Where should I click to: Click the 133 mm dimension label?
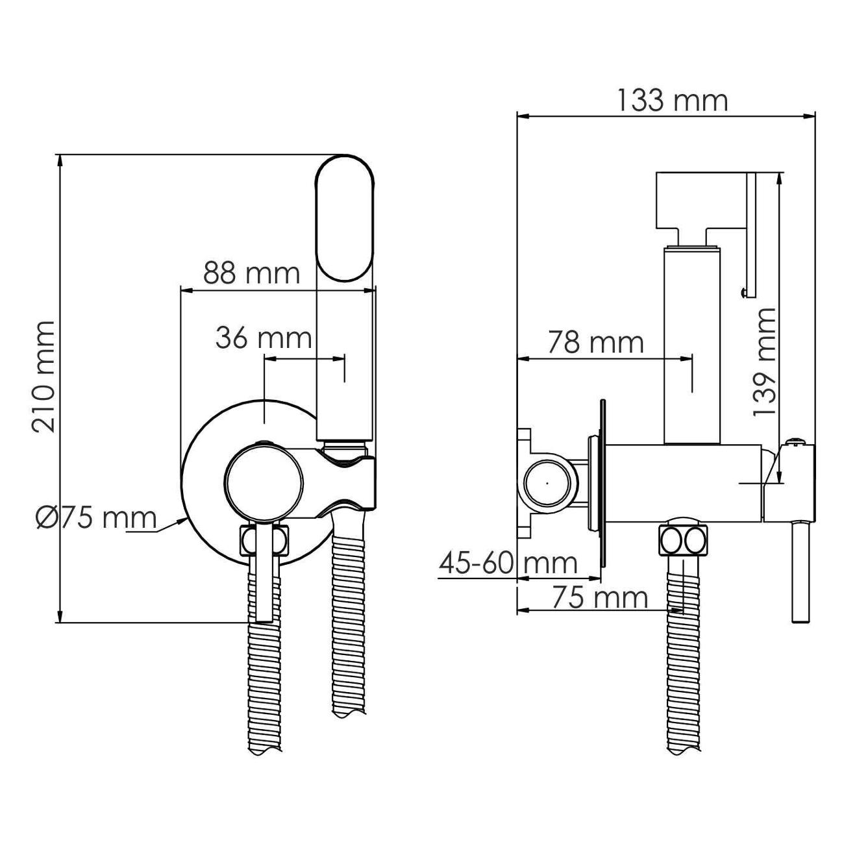(x=673, y=101)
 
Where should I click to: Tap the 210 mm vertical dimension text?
(x=43, y=377)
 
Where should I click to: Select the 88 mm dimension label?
(x=251, y=274)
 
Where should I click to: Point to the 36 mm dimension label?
(x=264, y=338)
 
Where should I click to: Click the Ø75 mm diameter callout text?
(x=96, y=519)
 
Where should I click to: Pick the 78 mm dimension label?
(x=596, y=343)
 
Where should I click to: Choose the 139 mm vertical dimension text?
(x=764, y=362)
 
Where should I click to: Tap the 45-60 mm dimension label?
(x=508, y=564)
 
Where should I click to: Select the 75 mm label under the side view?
(x=600, y=597)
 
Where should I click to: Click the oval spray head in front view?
(x=345, y=217)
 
